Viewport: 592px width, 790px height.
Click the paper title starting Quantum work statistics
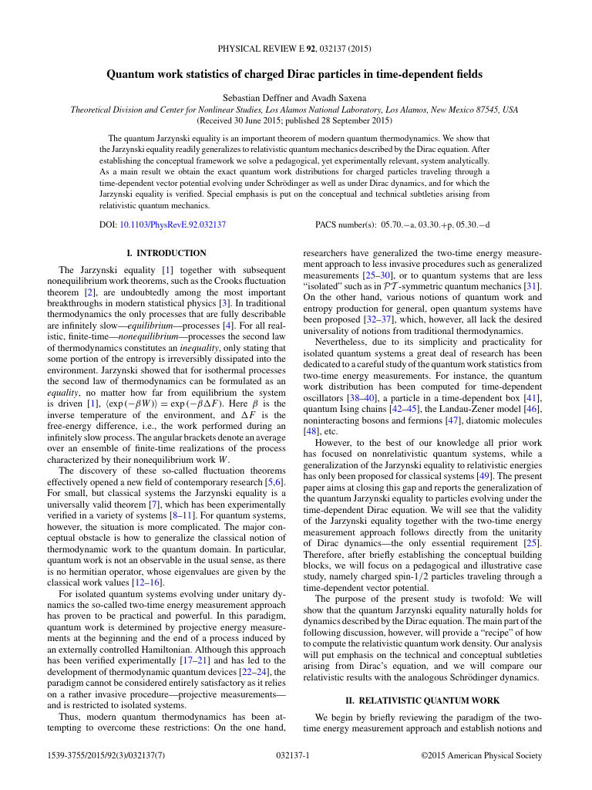(295, 74)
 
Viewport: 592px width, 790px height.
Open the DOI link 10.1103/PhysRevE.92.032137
(173, 225)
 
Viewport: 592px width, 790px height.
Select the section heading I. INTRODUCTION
(166, 253)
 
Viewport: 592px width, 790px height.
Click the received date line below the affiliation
(295, 121)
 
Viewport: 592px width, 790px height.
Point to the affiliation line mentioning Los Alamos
(295, 110)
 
